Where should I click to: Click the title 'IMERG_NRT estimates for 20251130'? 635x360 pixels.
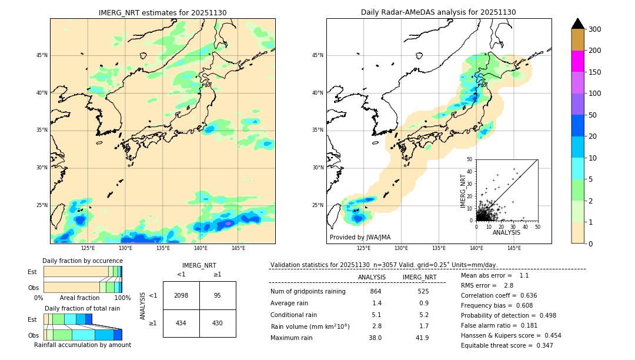(162, 12)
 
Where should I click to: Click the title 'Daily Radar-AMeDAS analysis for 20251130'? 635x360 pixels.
(439, 12)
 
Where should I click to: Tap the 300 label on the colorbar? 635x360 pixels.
(595, 29)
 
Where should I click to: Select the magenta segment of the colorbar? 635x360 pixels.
(577, 61)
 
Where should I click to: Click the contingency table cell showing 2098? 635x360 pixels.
(181, 295)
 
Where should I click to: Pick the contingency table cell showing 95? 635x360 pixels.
(218, 295)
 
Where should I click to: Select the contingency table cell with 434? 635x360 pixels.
(181, 323)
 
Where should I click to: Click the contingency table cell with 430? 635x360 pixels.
(218, 323)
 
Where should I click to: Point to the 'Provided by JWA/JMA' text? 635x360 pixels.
(360, 237)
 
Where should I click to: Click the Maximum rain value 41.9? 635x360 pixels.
(422, 338)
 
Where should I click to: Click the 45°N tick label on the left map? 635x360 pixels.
(42, 55)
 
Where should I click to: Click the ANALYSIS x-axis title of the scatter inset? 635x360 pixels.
(506, 232)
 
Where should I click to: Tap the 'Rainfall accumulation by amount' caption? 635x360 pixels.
(82, 345)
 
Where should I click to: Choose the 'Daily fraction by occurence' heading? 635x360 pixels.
(82, 261)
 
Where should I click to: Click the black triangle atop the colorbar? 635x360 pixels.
(577, 24)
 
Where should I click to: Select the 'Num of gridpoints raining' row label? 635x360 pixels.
(308, 291)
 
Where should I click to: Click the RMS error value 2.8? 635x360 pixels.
(509, 285)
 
